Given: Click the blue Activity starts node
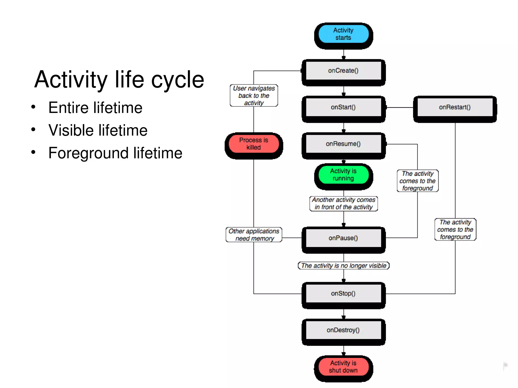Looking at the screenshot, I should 343,34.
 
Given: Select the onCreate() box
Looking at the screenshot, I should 343,71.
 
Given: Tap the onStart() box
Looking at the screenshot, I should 343,107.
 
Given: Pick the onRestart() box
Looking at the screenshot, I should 455,107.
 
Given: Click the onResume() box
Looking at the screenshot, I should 343,144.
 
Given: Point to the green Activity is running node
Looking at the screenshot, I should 343,175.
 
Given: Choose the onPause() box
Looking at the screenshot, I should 343,238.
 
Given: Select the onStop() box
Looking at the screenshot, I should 343,294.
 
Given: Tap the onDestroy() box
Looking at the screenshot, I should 343,330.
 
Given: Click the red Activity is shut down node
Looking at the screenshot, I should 343,367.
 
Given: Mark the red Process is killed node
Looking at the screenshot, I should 254,144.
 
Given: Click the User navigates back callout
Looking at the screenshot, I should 254,96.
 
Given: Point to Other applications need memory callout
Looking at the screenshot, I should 254,235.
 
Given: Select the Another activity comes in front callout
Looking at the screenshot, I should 343,203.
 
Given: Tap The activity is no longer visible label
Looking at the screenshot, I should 343,266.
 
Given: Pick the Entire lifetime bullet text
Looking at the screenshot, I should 95,108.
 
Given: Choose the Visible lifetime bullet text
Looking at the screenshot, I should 98,130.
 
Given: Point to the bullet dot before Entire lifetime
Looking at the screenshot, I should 33,107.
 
